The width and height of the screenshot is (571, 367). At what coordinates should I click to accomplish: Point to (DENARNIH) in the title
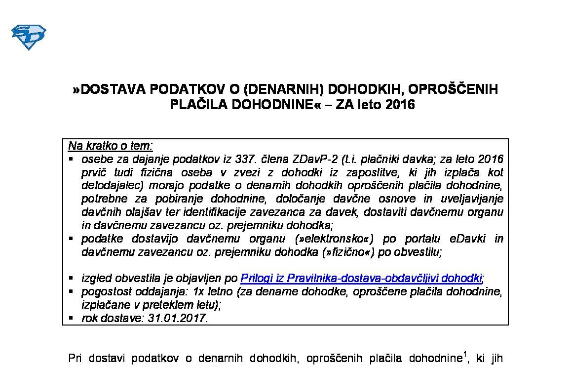[x=284, y=89]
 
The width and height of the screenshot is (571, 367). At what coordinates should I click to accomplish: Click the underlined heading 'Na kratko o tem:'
[x=111, y=146]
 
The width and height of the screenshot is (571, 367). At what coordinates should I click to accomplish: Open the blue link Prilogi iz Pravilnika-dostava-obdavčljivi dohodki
[x=361, y=278]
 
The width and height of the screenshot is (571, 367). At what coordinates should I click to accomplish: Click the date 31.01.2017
[x=178, y=318]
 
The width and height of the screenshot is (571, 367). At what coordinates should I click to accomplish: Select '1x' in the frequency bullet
[x=193, y=291]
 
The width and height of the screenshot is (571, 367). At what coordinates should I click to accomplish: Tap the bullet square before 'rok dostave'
[x=72, y=318]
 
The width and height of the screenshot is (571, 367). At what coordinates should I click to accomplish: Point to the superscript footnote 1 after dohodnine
[x=464, y=354]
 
